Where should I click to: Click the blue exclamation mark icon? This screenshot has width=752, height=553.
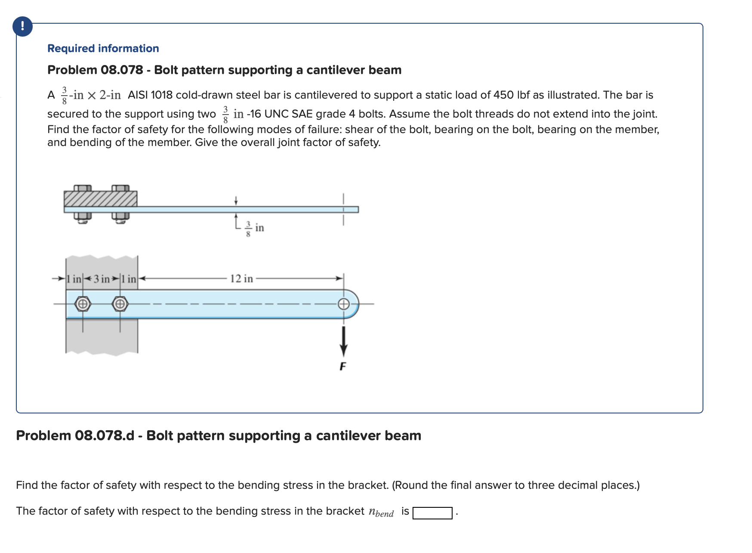(x=22, y=26)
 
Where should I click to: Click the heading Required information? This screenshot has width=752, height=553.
(x=103, y=48)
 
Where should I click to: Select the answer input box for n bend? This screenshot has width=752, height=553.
(x=432, y=513)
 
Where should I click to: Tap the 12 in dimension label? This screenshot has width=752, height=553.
(x=241, y=279)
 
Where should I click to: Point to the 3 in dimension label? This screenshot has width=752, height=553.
(x=102, y=279)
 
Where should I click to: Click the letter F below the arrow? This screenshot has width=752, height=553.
(x=342, y=367)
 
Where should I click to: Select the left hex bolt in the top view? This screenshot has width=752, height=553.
(x=83, y=304)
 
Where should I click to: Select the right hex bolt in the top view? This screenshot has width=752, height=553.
(x=120, y=304)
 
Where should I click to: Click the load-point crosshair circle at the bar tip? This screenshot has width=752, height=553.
(x=343, y=304)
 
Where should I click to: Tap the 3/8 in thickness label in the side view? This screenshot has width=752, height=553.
(x=255, y=228)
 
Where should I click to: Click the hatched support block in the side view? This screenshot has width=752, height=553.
(x=101, y=199)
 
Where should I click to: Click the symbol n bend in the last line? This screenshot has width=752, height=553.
(x=381, y=512)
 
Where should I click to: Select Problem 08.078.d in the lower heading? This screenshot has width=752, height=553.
(x=75, y=435)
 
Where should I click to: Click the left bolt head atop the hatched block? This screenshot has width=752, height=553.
(x=83, y=188)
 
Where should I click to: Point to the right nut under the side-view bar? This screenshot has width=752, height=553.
(x=120, y=216)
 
